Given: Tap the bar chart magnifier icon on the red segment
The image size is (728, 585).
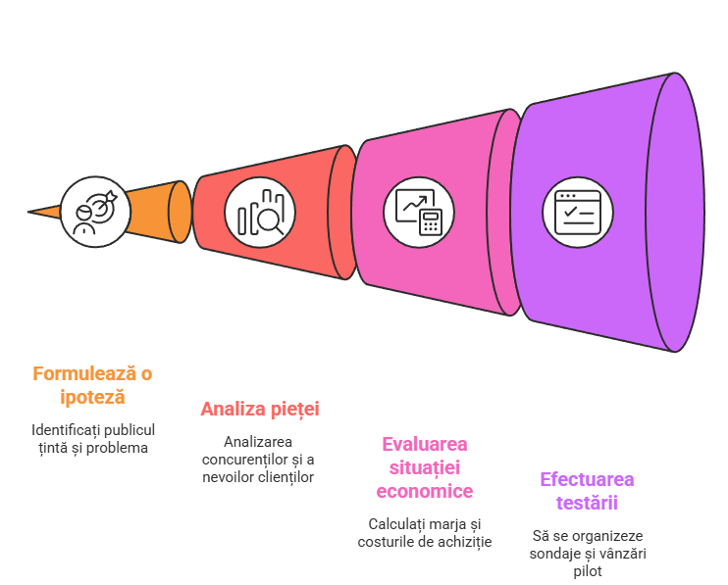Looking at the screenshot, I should coord(259,212).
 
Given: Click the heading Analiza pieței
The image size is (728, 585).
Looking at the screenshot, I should coord(260,409).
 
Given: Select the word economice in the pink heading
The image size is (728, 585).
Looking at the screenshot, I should coord(424,491).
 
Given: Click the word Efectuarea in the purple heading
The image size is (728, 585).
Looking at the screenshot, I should coord(587,479).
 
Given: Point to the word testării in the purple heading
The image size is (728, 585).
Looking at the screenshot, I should coord(587,503).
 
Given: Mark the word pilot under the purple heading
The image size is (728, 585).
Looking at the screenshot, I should coord(587,571).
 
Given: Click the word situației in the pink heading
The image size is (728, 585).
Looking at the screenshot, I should coord(424,467).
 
